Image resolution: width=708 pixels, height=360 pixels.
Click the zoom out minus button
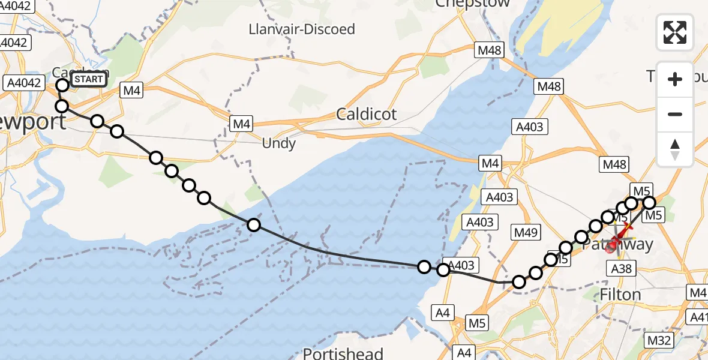tap(675, 114)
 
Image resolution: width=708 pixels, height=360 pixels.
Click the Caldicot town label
tap(367, 114)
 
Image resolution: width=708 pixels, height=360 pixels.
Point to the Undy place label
tap(279, 143)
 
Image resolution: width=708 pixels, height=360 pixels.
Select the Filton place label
tap(620, 295)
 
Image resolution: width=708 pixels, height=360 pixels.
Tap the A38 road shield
tap(621, 269)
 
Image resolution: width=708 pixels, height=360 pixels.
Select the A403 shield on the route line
tap(461, 265)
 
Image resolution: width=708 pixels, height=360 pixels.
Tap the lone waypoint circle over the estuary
tap(254, 225)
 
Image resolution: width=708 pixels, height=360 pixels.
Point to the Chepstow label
tap(473, 3)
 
